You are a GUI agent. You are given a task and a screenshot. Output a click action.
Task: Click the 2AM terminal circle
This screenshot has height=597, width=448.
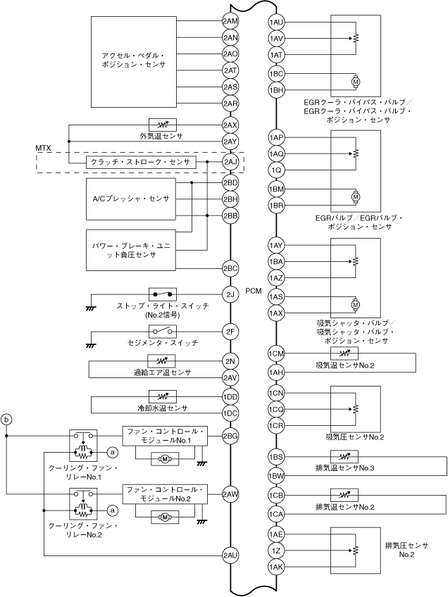pyautogui.click(x=230, y=21)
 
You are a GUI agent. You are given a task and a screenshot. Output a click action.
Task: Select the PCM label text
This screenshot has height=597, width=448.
pyautogui.click(x=254, y=291)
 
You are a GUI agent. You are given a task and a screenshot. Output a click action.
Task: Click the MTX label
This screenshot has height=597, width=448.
pyautogui.click(x=44, y=148)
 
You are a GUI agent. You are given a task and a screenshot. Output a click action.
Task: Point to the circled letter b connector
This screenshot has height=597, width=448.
pyautogui.click(x=7, y=420)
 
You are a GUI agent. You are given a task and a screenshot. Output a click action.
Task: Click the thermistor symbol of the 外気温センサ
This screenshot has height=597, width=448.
pyautogui.click(x=162, y=125)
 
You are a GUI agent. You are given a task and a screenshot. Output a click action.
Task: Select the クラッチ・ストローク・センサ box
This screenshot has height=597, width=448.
pyautogui.click(x=141, y=163)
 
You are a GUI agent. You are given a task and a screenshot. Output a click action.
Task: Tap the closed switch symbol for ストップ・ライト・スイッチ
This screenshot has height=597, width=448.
pyautogui.click(x=162, y=294)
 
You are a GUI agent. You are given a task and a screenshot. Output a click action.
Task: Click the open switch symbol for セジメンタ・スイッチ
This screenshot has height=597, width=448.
pyautogui.click(x=162, y=332)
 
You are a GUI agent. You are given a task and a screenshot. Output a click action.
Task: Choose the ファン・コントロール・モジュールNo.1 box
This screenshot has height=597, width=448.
pyautogui.click(x=165, y=436)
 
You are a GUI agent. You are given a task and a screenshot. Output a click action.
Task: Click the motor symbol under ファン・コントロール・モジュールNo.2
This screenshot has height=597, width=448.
pyautogui.click(x=165, y=517)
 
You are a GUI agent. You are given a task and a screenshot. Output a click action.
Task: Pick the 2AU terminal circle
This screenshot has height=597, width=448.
pyautogui.click(x=230, y=555)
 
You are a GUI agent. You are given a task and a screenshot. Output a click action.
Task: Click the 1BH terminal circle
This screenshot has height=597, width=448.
pyautogui.click(x=276, y=90)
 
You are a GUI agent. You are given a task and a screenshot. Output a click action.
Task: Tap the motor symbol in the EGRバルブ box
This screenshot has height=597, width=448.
pyautogui.click(x=356, y=197)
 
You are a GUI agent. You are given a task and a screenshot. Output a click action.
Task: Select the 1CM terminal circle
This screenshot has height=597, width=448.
pyautogui.click(x=276, y=353)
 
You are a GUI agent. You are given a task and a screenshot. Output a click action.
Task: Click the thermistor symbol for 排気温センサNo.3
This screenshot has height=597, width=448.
pyautogui.click(x=344, y=456)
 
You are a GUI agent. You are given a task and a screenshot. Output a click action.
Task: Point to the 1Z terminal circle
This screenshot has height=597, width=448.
pyautogui.click(x=276, y=551)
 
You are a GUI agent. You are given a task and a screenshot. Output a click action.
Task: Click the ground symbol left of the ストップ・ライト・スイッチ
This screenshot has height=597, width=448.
pyautogui.click(x=91, y=308)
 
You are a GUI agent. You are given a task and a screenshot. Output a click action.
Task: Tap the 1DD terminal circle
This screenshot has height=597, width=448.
pyautogui.click(x=230, y=397)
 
